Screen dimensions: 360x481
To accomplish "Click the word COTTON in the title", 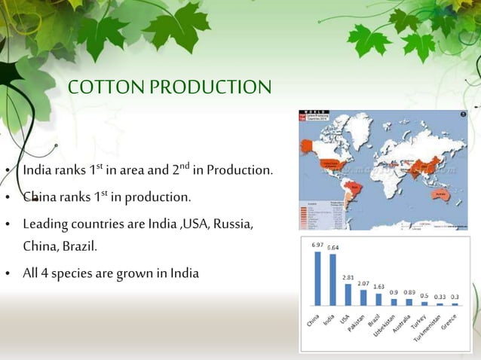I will point(106,88).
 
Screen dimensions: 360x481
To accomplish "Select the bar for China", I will point(317,279).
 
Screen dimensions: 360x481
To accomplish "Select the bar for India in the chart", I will point(332,280).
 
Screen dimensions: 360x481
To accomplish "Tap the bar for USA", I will point(348,294).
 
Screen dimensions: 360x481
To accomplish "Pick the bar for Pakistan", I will point(363,297).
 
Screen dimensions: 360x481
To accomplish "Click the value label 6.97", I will point(317,246).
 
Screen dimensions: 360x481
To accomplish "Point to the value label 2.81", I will point(348,277).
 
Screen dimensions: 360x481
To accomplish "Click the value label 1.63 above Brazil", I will point(378,287).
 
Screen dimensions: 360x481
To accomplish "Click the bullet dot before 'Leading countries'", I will point(8,225).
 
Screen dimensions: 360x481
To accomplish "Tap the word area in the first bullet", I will point(145,171).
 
